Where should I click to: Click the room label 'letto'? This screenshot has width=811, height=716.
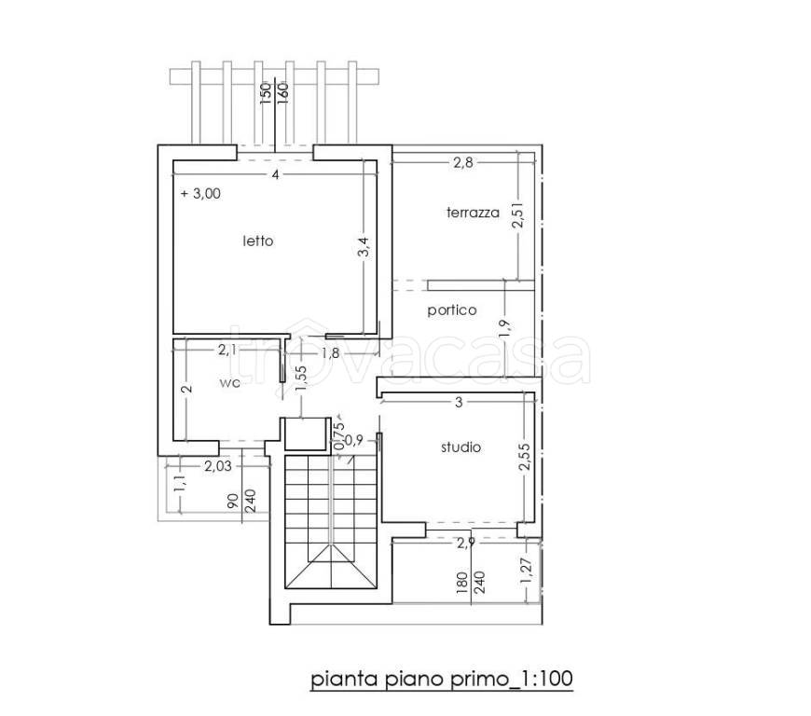point(258,241)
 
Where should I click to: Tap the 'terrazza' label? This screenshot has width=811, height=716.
point(473,213)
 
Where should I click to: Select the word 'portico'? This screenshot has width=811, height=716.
point(452,310)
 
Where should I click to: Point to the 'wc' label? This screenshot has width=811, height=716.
point(229,383)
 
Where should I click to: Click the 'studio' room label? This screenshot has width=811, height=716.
point(460,447)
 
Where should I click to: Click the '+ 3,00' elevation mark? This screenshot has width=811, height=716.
point(200,194)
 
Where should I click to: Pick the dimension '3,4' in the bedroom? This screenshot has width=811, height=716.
point(364,247)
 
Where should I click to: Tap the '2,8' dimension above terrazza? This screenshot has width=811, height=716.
point(463,162)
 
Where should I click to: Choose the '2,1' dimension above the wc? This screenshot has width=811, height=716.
point(227,351)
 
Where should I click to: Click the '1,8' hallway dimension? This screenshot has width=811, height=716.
point(330,352)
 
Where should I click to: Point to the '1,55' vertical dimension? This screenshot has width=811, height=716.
point(302,379)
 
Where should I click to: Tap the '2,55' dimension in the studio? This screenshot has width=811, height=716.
point(524,456)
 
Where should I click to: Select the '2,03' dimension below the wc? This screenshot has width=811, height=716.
point(218,466)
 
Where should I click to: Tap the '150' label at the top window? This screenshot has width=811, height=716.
point(266,93)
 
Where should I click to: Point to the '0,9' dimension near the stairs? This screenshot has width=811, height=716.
point(354,440)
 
